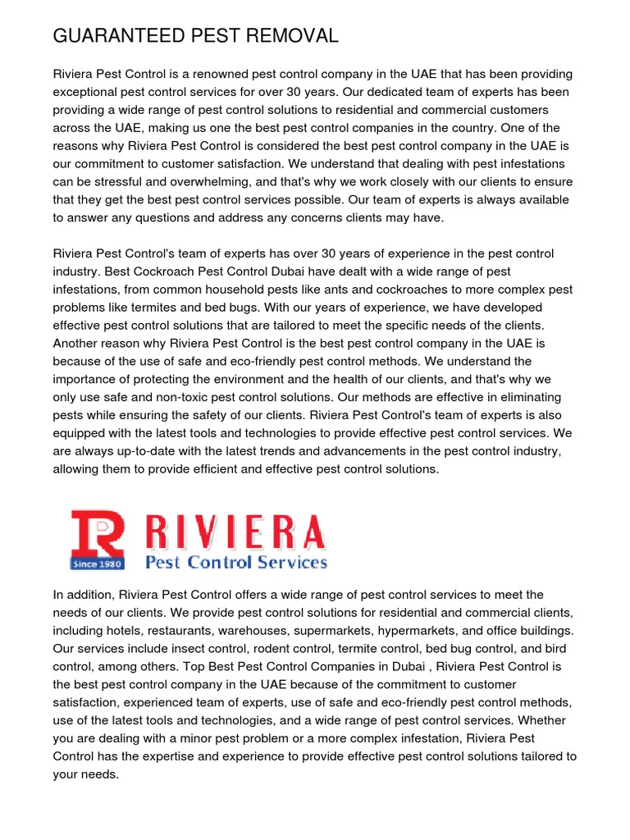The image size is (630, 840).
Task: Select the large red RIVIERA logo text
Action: click(235, 533)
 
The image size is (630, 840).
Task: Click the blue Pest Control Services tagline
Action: click(236, 563)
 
